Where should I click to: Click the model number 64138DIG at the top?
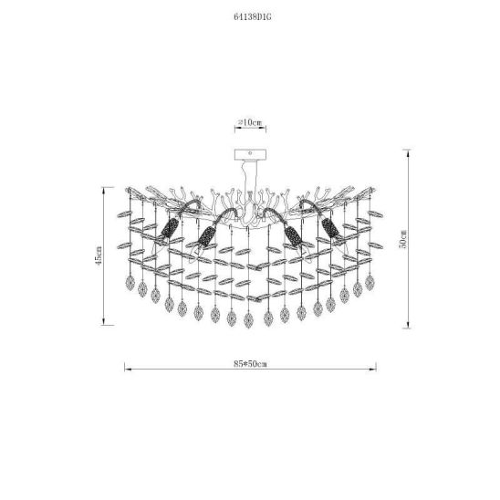(253, 17)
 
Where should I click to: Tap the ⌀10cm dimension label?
(250, 122)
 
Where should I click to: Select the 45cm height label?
(99, 255)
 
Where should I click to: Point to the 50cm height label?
(403, 238)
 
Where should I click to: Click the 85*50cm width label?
(250, 364)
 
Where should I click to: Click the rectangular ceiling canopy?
(250, 154)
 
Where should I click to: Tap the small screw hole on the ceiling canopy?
(250, 153)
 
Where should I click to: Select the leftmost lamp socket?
(169, 228)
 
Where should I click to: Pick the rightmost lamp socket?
(330, 228)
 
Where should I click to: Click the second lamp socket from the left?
(205, 236)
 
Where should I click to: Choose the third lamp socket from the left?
(294, 236)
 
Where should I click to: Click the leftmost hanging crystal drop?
(130, 283)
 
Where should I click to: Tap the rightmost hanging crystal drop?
(370, 283)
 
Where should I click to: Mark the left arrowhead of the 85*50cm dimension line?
(125, 370)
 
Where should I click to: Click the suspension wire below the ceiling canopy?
(245, 179)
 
